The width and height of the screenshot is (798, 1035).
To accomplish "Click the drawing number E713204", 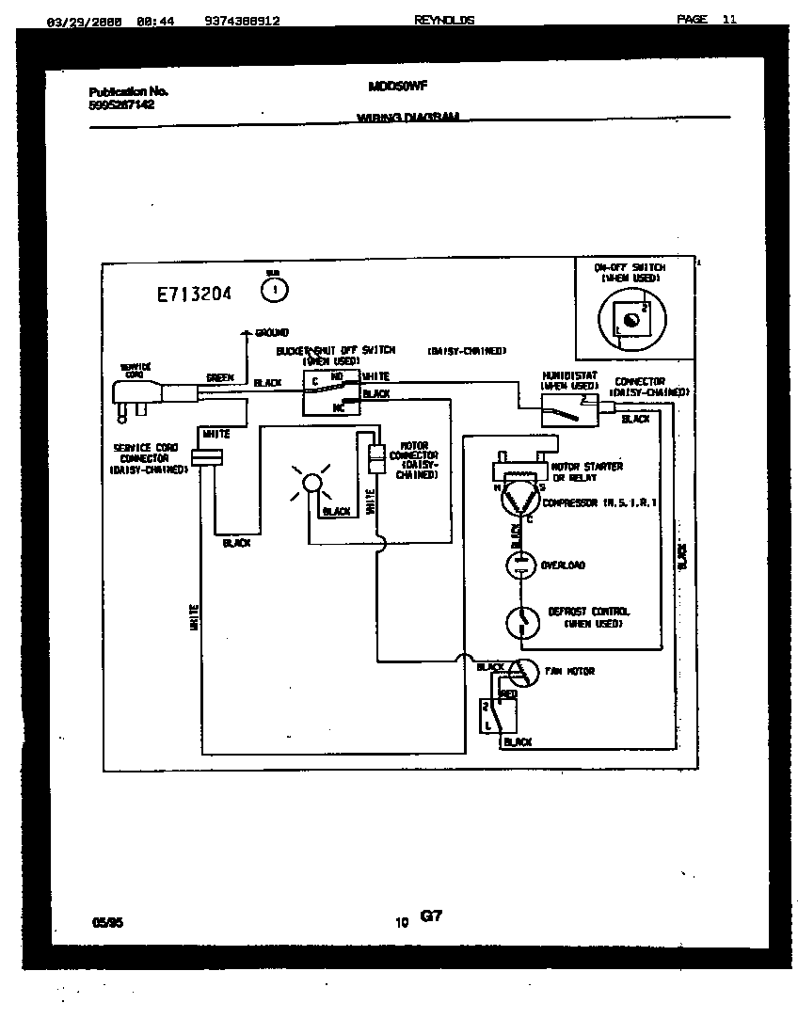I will pyautogui.click(x=194, y=294).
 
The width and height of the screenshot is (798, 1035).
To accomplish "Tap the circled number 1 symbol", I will pyautogui.click(x=274, y=291).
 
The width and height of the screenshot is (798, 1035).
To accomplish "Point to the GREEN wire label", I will pyautogui.click(x=219, y=378).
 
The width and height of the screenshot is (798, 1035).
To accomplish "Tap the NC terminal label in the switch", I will pyautogui.click(x=338, y=407).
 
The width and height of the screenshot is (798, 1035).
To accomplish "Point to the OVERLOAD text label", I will pyautogui.click(x=563, y=565).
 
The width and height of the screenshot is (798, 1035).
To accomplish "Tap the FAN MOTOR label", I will pyautogui.click(x=569, y=672).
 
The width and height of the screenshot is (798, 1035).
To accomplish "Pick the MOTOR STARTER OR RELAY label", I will pyautogui.click(x=586, y=471).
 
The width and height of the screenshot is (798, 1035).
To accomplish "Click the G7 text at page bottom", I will pyautogui.click(x=430, y=916).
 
